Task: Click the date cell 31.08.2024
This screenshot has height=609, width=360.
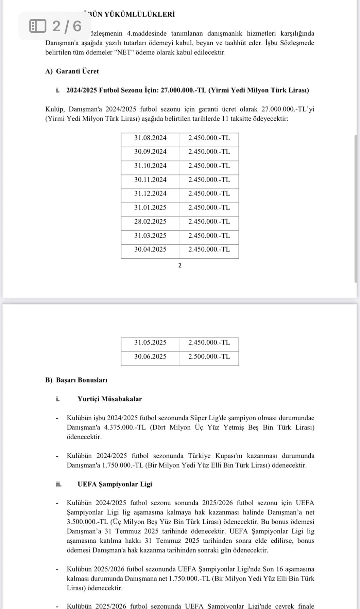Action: (x=150, y=138)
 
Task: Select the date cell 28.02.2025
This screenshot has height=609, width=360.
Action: (x=150, y=222)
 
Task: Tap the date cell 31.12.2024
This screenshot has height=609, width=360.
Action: (x=150, y=194)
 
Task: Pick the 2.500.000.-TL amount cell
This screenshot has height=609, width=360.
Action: (x=209, y=357)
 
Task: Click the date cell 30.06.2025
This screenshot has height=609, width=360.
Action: (x=150, y=357)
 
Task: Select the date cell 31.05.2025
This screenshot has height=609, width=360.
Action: (x=150, y=343)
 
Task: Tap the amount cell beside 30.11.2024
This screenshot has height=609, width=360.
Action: (x=209, y=180)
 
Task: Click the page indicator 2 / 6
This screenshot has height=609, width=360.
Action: (x=67, y=26)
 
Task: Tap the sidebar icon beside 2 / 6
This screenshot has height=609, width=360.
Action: (x=38, y=26)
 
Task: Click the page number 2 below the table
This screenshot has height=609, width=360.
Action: (x=180, y=265)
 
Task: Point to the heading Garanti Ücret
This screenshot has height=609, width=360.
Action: (x=77, y=71)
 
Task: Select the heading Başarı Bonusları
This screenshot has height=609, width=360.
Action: (x=82, y=380)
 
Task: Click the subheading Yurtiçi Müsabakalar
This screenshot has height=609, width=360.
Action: (x=109, y=399)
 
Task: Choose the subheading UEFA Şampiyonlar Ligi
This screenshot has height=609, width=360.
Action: (x=115, y=484)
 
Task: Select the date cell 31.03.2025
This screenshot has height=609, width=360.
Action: (x=150, y=236)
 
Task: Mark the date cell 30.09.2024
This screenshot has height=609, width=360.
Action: (x=150, y=152)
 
